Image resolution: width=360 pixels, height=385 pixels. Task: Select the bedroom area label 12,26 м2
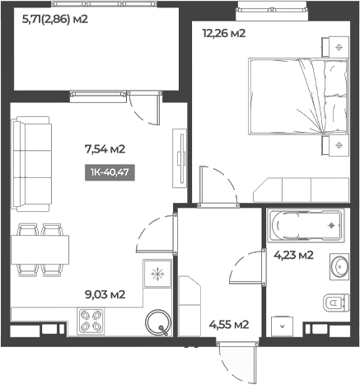[225, 34]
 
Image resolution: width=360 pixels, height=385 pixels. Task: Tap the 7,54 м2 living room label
[105, 149]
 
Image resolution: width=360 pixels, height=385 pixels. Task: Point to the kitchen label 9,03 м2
[105, 294]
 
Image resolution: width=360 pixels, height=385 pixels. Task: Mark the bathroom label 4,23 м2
[293, 255]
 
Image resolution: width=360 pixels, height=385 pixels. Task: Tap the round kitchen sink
[157, 322]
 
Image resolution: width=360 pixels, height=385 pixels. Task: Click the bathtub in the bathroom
[304, 224]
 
